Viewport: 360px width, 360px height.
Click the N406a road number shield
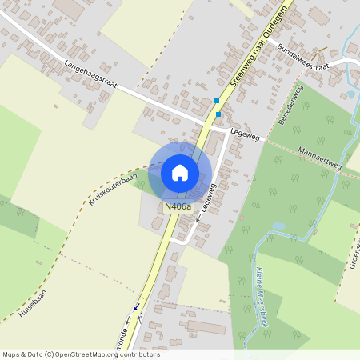coord(178,207)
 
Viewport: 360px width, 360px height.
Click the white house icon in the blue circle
coord(180,172)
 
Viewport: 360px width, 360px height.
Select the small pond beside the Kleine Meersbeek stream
coord(278,226)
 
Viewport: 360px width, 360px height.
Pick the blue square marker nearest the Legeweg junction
coord(218,114)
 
